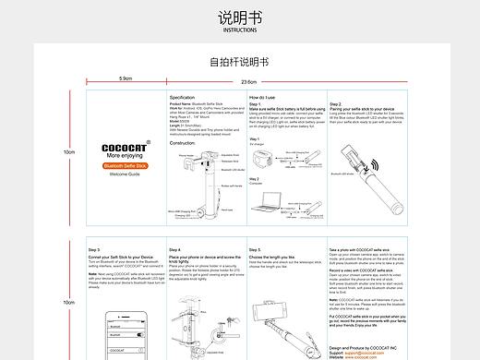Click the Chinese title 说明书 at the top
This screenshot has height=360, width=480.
[x=239, y=18]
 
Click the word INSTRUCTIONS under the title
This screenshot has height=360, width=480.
[x=239, y=30]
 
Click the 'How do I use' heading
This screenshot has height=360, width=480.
[x=266, y=97]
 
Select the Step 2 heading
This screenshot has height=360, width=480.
[x=334, y=104]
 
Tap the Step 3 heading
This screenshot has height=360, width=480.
[x=95, y=250]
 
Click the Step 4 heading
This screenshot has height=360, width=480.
[x=175, y=250]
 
